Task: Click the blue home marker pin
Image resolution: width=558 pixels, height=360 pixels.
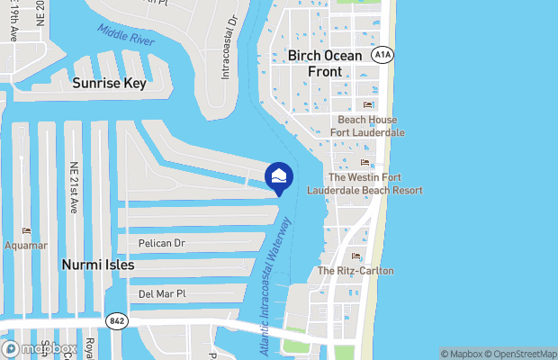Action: (279, 177)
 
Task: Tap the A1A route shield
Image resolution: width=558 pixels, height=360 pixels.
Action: (382, 54)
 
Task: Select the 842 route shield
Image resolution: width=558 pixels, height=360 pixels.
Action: (116, 319)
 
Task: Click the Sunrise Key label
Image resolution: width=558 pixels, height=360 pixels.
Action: (109, 83)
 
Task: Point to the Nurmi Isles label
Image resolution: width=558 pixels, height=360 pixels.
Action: (97, 265)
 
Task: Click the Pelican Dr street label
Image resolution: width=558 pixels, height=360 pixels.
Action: (161, 243)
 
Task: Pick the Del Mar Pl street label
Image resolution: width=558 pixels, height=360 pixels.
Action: (162, 293)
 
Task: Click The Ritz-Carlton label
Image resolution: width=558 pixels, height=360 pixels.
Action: (355, 271)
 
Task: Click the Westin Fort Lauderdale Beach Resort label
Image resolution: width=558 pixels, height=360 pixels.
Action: (364, 184)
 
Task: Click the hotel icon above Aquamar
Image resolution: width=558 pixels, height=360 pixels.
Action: (26, 230)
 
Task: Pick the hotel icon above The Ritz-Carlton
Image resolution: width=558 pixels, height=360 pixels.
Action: (355, 256)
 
